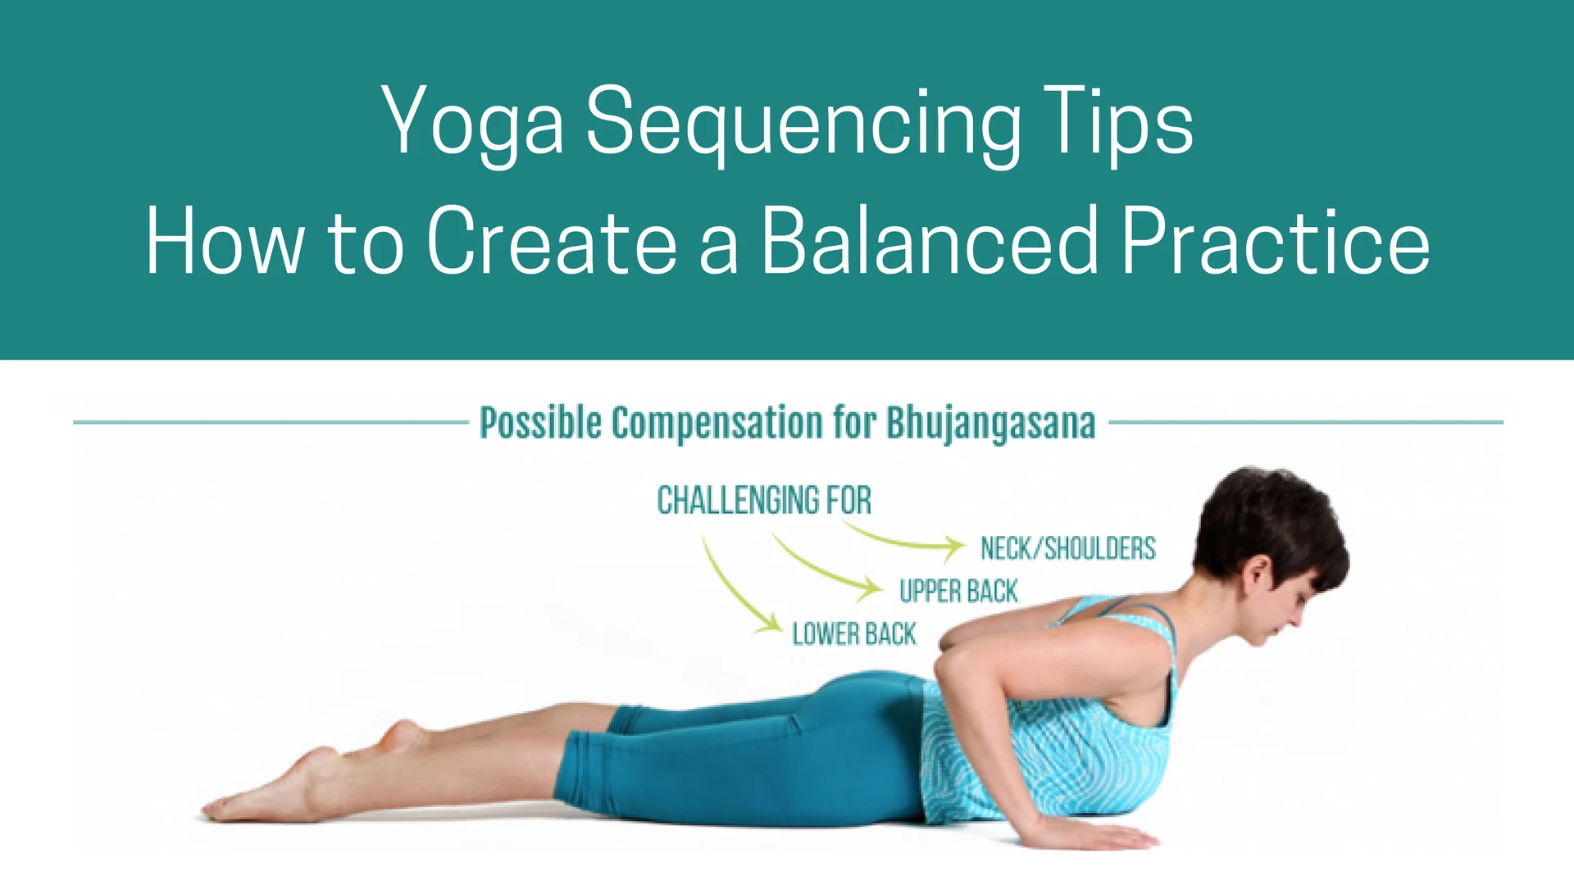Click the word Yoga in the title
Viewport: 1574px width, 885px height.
point(473,123)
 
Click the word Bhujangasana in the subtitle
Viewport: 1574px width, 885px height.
point(991,424)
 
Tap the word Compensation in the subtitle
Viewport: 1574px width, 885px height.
point(717,424)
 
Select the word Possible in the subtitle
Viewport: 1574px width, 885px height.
point(540,423)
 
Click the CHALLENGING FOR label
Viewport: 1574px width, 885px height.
point(764,500)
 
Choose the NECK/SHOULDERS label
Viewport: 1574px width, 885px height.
point(1068,548)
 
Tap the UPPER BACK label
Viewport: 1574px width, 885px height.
point(958,591)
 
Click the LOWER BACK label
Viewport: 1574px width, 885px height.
point(854,633)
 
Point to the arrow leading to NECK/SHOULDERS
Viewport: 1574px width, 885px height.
point(902,542)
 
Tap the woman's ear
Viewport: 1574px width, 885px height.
point(1258,573)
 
